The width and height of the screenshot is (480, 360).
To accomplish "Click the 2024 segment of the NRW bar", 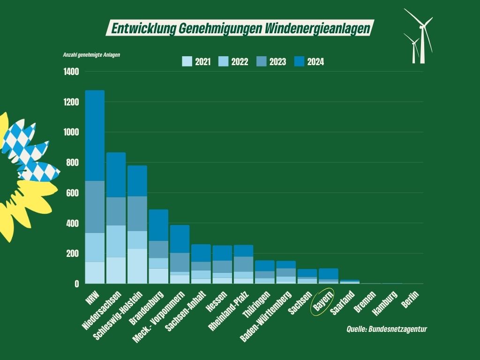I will pos(95,135).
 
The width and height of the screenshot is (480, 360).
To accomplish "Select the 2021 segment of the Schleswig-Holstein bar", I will pos(137,266).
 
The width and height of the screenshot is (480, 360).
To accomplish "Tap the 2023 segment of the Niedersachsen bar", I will pos(116,211).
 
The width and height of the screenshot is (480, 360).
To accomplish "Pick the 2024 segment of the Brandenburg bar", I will pos(158,225).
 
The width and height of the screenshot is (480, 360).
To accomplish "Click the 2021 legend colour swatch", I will pos(187,61).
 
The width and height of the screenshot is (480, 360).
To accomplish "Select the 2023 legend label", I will pos(277,62).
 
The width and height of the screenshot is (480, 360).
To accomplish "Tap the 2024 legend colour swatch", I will pos(299,61).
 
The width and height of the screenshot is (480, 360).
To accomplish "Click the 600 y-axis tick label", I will pos(72,193).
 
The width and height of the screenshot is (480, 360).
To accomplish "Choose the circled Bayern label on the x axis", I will pos(323,302).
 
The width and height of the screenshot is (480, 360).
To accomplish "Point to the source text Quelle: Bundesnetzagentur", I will pos(387,329).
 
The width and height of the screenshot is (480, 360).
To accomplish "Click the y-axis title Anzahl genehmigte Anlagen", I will pos(91,55).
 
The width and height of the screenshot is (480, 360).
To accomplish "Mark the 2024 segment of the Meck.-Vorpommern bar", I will pos(180,239).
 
